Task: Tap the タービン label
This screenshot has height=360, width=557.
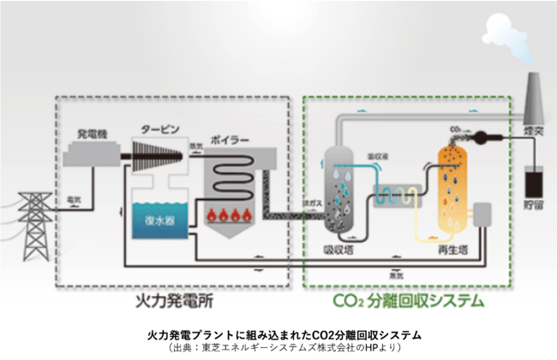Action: tap(159, 129)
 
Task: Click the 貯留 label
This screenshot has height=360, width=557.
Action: tap(536, 208)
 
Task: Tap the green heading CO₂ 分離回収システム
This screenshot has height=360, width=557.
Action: tap(408, 301)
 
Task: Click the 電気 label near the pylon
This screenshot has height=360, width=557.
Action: tap(74, 200)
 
